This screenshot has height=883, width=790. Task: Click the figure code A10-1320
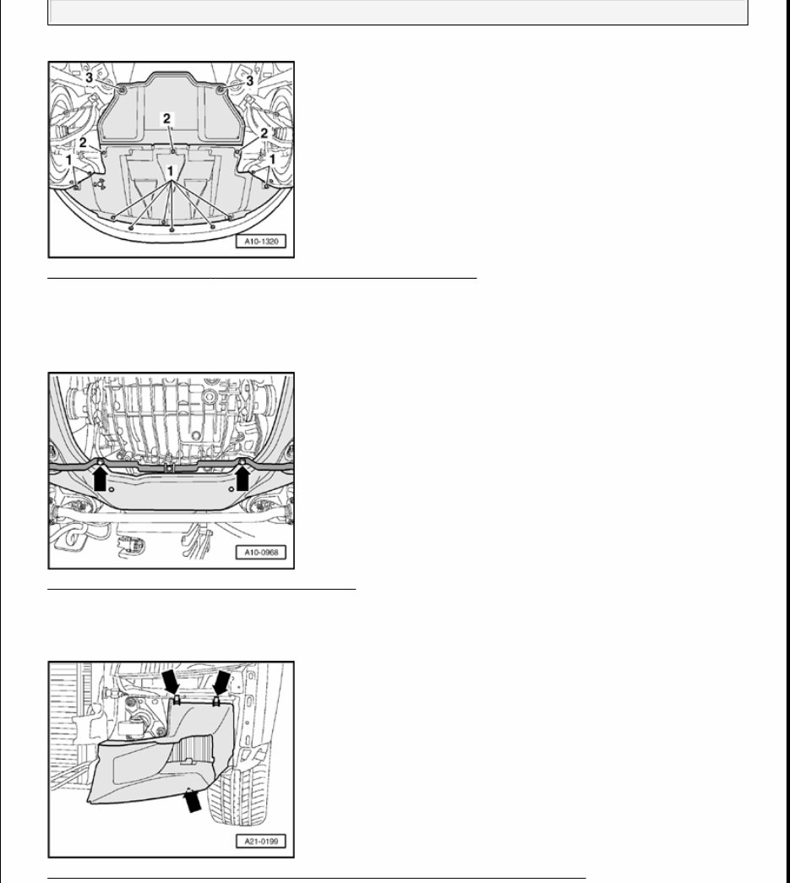(x=262, y=242)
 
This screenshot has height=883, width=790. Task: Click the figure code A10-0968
(x=262, y=553)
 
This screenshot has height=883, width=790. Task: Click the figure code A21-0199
(x=262, y=842)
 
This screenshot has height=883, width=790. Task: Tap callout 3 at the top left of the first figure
(x=90, y=78)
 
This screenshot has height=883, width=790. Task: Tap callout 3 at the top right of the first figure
(x=250, y=79)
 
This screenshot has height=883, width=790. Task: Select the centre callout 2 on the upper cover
(x=167, y=119)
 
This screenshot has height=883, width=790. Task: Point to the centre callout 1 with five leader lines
(x=172, y=170)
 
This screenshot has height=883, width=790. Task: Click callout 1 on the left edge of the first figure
(x=69, y=159)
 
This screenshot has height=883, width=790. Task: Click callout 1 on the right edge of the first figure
(x=273, y=159)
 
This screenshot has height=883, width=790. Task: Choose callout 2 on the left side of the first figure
(x=84, y=143)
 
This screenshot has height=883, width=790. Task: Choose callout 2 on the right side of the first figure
(x=264, y=134)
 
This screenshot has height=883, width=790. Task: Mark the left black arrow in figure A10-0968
(x=101, y=479)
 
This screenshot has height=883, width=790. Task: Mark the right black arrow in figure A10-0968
(x=243, y=479)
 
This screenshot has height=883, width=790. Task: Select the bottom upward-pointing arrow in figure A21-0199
(x=193, y=799)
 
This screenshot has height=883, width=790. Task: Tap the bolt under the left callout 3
(x=123, y=89)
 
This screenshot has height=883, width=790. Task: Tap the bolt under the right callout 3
(x=220, y=89)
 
